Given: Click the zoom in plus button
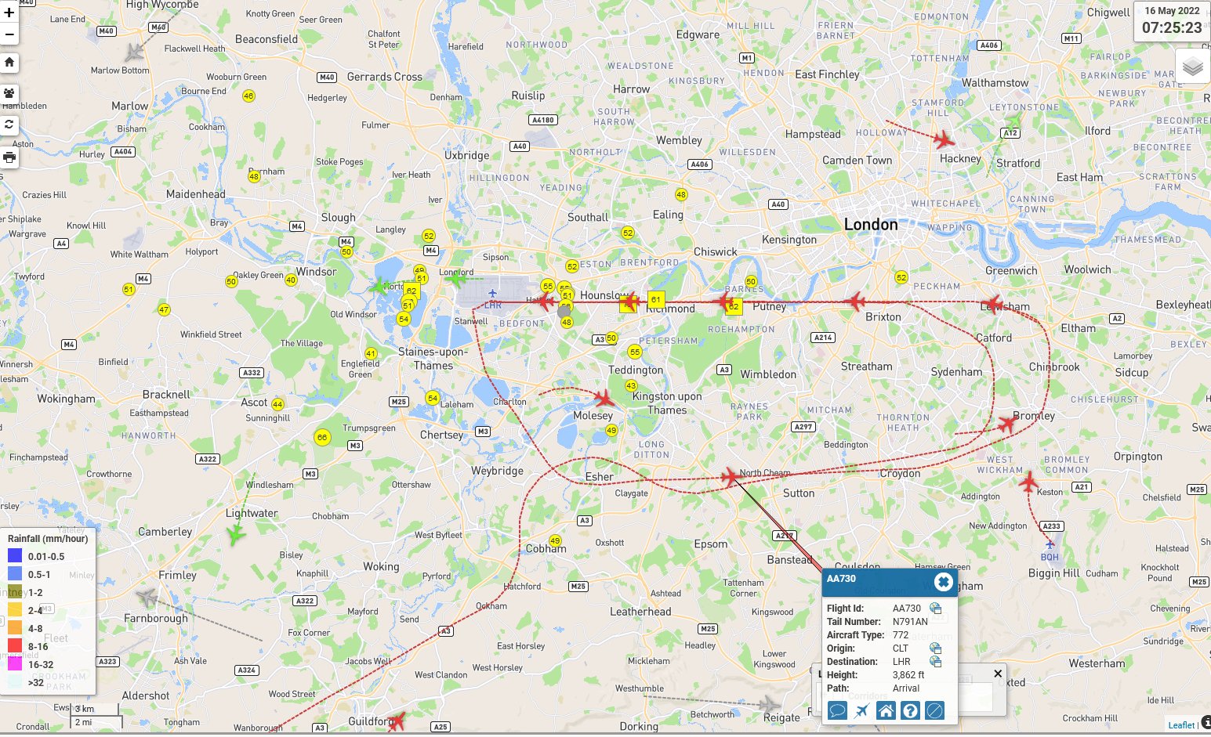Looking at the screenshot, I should pyautogui.click(x=9, y=13).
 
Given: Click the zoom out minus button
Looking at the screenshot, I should pyautogui.click(x=9, y=34).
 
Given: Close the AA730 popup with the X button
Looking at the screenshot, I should pyautogui.click(x=943, y=581).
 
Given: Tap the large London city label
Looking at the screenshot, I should pyautogui.click(x=871, y=225).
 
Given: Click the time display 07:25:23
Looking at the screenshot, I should pyautogui.click(x=1171, y=27).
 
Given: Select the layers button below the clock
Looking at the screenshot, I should pyautogui.click(x=1192, y=67).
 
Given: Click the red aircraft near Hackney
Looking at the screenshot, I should pyautogui.click(x=944, y=140).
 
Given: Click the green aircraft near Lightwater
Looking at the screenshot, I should pyautogui.click(x=235, y=535).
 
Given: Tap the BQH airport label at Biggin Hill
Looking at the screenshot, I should pyautogui.click(x=1050, y=557).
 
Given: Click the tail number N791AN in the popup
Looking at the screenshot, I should pyautogui.click(x=910, y=622).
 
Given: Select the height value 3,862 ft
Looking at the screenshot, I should pyautogui.click(x=908, y=675).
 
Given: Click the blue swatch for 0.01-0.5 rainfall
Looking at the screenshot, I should pyautogui.click(x=15, y=556).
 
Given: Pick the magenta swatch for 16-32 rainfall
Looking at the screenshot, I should pyautogui.click(x=15, y=664).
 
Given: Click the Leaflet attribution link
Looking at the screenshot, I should pyautogui.click(x=1181, y=725).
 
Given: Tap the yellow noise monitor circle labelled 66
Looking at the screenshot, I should pyautogui.click(x=321, y=437).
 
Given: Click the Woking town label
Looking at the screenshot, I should pyautogui.click(x=381, y=566).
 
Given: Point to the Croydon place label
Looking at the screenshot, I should pyautogui.click(x=899, y=473).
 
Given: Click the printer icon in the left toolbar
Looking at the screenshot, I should pyautogui.click(x=9, y=157).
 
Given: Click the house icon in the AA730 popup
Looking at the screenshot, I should pyautogui.click(x=886, y=710).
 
